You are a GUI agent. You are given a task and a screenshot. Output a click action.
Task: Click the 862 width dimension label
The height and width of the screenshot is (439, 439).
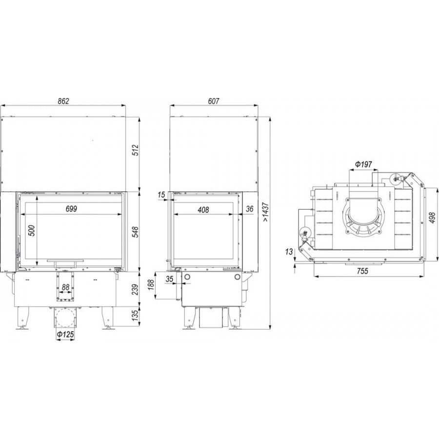[x=63, y=101]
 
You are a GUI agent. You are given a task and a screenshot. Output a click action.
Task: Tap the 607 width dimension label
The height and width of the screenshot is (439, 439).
[x=213, y=101]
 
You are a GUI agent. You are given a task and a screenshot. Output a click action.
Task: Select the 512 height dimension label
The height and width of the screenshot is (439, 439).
[x=135, y=150]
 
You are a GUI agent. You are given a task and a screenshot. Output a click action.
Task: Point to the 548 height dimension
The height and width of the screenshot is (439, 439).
[x=135, y=232]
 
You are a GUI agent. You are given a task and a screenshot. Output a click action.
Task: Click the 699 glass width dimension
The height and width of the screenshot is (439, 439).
[x=71, y=209]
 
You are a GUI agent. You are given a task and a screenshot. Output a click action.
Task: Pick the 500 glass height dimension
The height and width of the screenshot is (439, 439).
[x=32, y=230]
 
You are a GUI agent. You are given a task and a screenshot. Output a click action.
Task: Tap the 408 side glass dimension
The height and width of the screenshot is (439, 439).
[x=203, y=210]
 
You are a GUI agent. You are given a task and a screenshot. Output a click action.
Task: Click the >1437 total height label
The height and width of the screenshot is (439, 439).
[x=266, y=212]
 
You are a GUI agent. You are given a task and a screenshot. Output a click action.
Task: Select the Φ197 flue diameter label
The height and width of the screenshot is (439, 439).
[x=364, y=164]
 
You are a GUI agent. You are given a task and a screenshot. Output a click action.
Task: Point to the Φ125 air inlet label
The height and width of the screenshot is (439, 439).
[x=65, y=334]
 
